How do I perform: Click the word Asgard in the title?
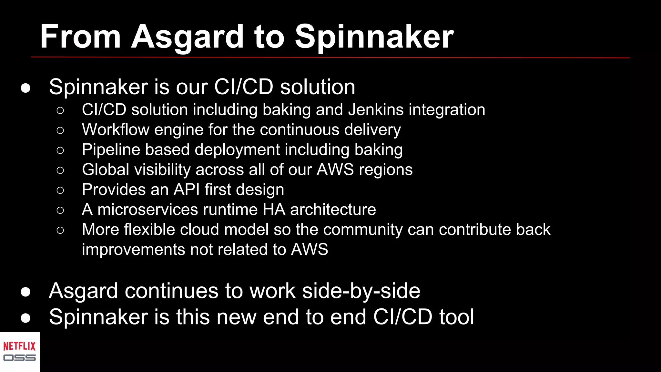[x=187, y=37]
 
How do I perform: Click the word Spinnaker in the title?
[x=374, y=37]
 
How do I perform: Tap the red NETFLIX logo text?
[x=19, y=346]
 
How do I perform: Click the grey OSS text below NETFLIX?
[x=19, y=358]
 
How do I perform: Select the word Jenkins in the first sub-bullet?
[x=376, y=110]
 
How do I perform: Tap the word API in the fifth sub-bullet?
[x=187, y=190]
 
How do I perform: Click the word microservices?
[x=147, y=210]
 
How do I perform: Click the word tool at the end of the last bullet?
[x=456, y=317]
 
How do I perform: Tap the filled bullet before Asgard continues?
[x=25, y=292]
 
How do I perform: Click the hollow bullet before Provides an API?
[x=60, y=190]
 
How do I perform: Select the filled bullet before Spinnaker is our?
[x=25, y=88]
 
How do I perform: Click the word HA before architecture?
[x=274, y=210]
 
